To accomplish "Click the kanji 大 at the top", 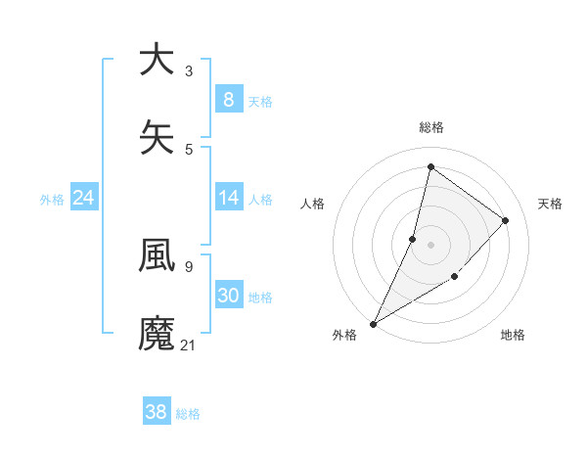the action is click(157, 61).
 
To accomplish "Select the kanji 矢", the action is click(157, 138).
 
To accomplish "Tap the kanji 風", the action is click(157, 256).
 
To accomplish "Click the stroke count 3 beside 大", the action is click(189, 71).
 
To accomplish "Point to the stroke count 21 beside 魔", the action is click(189, 345).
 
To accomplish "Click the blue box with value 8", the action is click(228, 100).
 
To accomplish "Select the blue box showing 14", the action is click(228, 198).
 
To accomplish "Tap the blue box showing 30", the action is click(228, 296).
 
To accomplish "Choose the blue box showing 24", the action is click(84, 198).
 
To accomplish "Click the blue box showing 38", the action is click(157, 412).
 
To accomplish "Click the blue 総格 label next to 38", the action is click(188, 414).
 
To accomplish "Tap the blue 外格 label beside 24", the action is click(52, 199).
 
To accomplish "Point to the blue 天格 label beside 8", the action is click(260, 101).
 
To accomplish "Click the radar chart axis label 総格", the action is click(430, 127).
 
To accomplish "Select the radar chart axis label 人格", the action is click(312, 204).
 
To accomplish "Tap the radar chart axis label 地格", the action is click(513, 335).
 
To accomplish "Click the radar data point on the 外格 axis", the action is click(373, 324).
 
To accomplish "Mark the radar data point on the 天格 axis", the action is click(506, 220).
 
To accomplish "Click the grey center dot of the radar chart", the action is click(430, 244).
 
